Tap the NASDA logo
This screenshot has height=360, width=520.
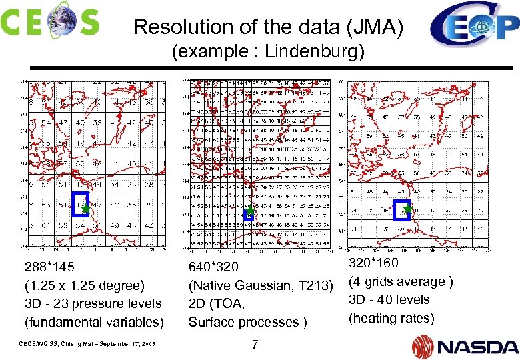[464, 346]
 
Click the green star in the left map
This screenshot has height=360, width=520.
[85, 209]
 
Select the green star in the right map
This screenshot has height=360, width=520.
[407, 209]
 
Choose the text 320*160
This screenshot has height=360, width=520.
[373, 263]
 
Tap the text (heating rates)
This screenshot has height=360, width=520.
[391, 318]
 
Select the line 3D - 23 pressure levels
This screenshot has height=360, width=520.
[93, 303]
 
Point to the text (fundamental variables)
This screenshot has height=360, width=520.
[94, 322]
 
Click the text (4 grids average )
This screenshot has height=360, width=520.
[401, 281]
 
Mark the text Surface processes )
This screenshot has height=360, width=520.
[248, 322]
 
